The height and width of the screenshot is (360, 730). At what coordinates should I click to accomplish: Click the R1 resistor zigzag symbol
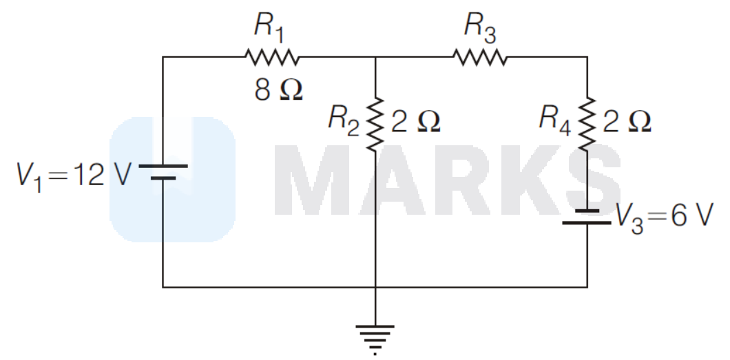(x=272, y=56)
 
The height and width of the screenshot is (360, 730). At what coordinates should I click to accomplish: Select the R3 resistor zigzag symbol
(x=480, y=56)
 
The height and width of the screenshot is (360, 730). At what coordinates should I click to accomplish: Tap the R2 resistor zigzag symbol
(x=375, y=124)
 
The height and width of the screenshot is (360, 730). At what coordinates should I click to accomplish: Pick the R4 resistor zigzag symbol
(x=587, y=124)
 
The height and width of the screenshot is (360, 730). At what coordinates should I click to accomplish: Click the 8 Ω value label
(x=278, y=89)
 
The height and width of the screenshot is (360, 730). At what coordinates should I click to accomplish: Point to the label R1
(x=269, y=27)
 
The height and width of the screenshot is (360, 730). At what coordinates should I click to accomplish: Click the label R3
(x=480, y=27)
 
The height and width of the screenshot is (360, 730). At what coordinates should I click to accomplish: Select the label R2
(x=344, y=120)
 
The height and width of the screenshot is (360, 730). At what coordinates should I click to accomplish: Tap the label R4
(x=555, y=120)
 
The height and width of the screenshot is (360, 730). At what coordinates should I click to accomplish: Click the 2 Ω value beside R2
(x=415, y=122)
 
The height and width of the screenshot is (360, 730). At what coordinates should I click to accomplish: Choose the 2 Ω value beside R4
(x=627, y=122)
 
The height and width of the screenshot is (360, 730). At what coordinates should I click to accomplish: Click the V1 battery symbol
(x=163, y=171)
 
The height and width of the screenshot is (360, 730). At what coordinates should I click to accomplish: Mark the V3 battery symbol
(x=587, y=217)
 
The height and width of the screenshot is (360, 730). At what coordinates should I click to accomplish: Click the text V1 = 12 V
(x=74, y=176)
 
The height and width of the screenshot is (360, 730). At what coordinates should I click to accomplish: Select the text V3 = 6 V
(x=665, y=218)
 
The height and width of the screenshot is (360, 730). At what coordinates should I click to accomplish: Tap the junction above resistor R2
(x=375, y=56)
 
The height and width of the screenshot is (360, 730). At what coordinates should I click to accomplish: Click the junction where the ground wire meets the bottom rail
(x=375, y=287)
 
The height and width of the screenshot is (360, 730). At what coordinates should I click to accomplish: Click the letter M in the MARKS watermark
(x=313, y=180)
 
